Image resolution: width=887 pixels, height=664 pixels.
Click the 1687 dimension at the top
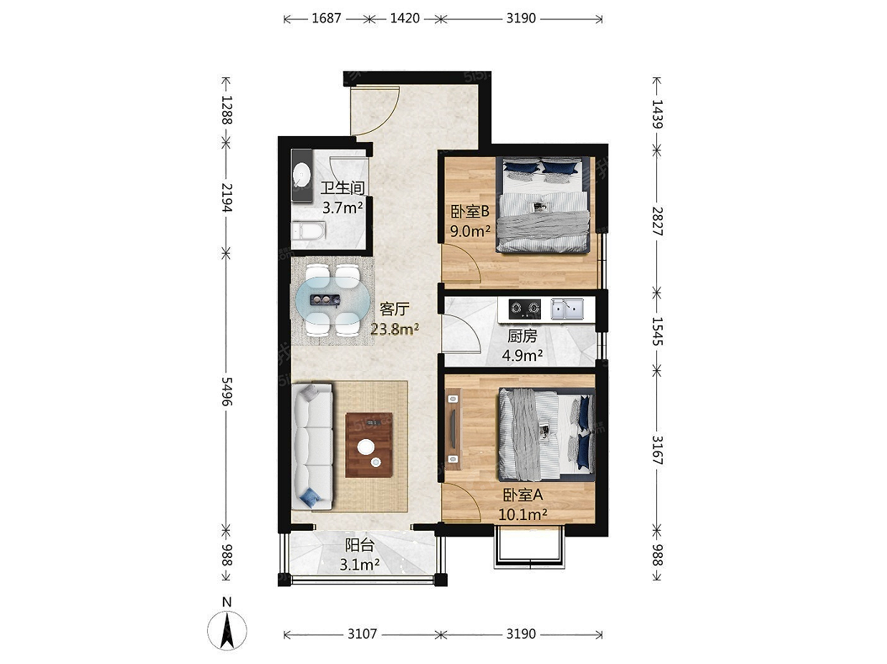[327, 19]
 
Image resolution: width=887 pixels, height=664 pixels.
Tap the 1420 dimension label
[405, 19]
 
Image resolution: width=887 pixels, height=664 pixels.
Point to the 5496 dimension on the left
[226, 391]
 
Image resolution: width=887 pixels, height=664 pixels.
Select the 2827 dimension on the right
[658, 221]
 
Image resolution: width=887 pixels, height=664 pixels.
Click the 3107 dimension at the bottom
[363, 634]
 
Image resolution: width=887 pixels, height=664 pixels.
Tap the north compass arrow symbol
[227, 630]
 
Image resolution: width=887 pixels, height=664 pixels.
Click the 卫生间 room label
[342, 188]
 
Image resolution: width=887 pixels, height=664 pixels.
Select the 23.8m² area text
[394, 329]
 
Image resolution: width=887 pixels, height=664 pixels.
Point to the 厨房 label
[522, 336]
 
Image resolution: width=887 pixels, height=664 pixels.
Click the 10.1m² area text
[522, 514]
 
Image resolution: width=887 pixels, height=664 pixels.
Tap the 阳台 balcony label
[359, 545]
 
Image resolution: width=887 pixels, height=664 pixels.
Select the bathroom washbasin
[302, 175]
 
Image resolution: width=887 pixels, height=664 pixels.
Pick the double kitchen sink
[567, 309]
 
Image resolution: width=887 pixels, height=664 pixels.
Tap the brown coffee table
[369, 445]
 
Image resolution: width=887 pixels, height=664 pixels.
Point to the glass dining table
[332, 299]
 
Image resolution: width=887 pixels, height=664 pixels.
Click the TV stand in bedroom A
[454, 429]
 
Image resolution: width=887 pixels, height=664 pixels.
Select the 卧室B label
[470, 211]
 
